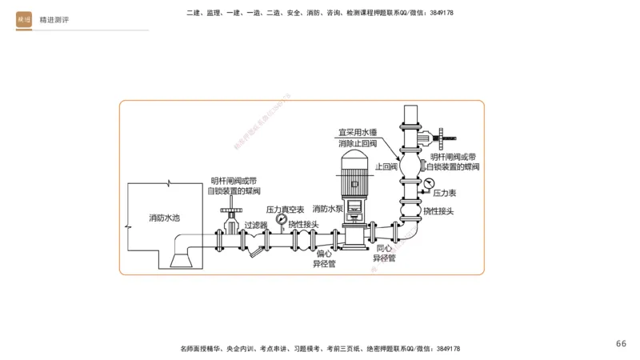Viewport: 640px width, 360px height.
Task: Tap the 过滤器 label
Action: [x=255, y=226]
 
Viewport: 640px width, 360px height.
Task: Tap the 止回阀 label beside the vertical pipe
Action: [x=386, y=167]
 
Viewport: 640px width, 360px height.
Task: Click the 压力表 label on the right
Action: [x=445, y=194]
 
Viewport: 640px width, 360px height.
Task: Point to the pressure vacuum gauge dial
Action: [x=281, y=218]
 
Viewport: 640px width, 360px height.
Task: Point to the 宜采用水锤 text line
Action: [x=358, y=131]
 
